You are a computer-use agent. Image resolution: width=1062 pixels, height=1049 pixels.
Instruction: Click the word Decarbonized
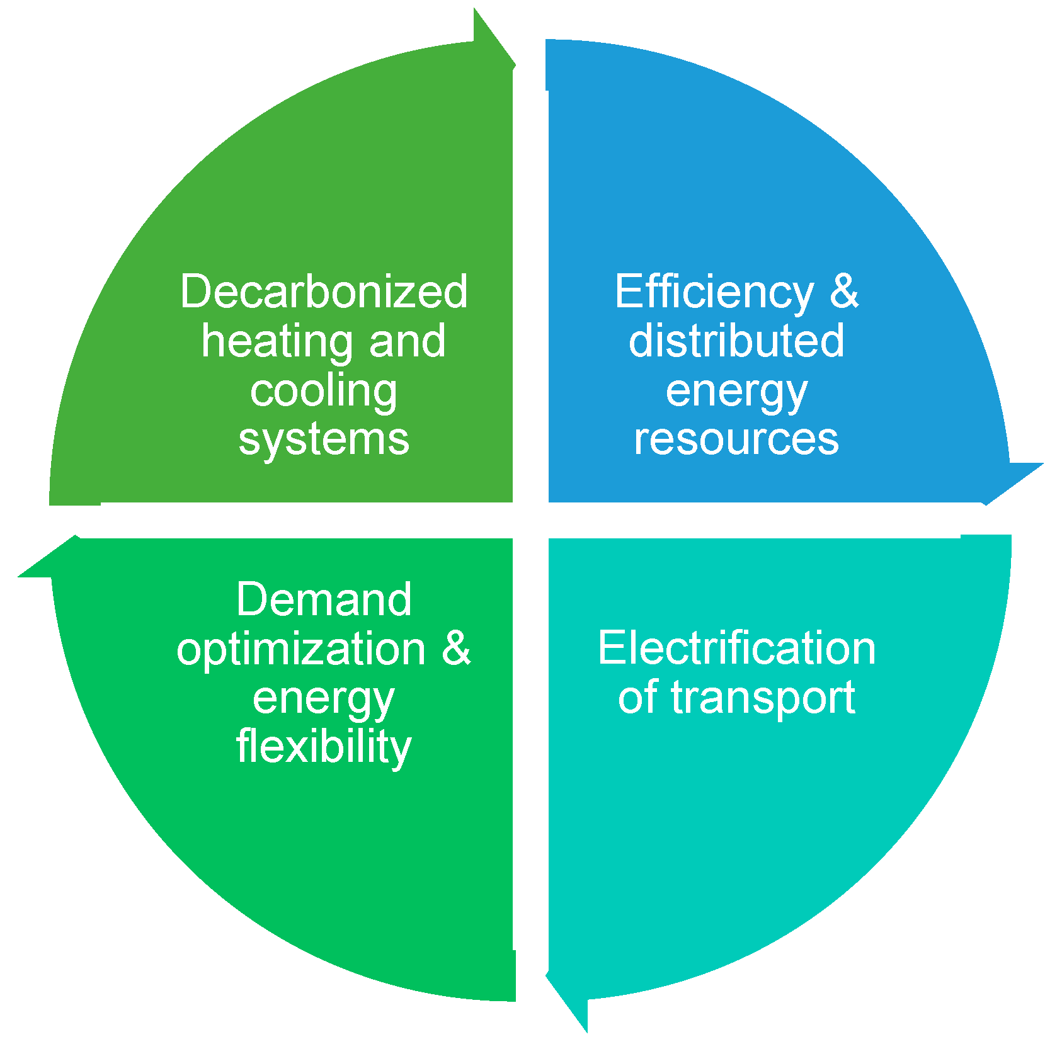[x=324, y=292]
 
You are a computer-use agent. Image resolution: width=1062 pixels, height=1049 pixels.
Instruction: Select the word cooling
[x=324, y=392]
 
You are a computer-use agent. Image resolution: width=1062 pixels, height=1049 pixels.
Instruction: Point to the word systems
[x=324, y=439]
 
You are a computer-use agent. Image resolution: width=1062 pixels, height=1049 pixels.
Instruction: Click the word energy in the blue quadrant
[x=736, y=393]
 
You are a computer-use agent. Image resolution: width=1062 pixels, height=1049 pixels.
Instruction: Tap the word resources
[x=736, y=439]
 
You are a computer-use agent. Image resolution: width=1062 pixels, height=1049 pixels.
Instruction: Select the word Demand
[x=324, y=599]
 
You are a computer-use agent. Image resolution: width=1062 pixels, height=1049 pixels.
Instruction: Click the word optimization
[x=301, y=650]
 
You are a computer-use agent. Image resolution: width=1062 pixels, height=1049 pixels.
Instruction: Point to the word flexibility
[x=324, y=747]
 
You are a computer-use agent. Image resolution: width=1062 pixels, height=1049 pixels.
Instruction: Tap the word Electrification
[x=736, y=648]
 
